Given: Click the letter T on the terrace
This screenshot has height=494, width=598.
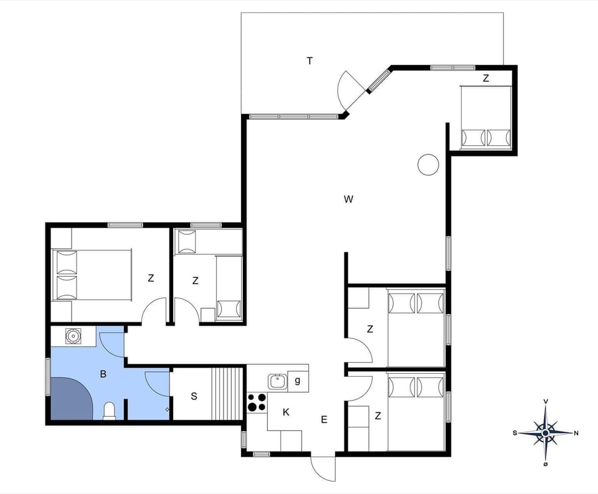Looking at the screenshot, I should click(x=310, y=61).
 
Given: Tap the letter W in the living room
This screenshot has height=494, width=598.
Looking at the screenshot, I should click(x=348, y=199).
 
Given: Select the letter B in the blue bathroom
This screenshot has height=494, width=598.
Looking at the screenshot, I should click(x=103, y=375).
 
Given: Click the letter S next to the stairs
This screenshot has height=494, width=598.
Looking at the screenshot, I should click(x=194, y=396).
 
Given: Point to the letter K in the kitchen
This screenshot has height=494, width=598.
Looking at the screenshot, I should click(x=286, y=412).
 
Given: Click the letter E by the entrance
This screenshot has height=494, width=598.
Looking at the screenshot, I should click(x=324, y=420).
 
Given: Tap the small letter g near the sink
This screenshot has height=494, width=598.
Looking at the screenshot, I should click(x=298, y=381).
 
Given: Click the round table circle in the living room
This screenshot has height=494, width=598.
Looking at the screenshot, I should click(x=428, y=164).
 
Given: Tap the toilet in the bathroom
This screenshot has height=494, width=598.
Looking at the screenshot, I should click(x=110, y=411).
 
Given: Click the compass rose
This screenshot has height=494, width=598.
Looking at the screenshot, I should click(x=546, y=432).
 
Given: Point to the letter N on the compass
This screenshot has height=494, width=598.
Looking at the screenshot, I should click(x=576, y=433).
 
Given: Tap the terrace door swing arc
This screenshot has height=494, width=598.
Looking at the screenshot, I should click(x=346, y=90).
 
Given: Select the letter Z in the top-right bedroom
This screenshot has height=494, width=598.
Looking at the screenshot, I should click(x=486, y=78).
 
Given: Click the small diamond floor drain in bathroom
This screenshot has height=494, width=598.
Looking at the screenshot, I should click(x=167, y=409).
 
